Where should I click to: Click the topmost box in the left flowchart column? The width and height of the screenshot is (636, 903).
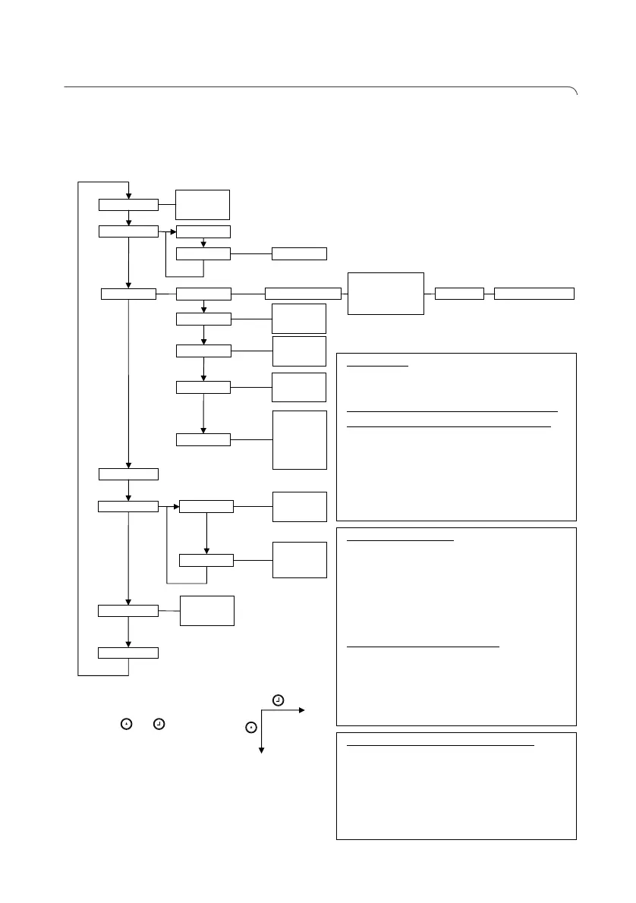tap(129, 204)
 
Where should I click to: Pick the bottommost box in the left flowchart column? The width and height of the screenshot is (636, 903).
tap(129, 653)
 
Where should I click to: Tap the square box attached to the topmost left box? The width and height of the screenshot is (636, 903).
tap(203, 204)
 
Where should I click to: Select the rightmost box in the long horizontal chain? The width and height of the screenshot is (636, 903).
tap(534, 293)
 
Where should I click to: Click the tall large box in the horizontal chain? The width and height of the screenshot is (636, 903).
tap(386, 293)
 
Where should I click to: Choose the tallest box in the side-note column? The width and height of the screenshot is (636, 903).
tap(300, 440)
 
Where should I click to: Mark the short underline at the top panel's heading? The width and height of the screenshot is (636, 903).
tap(378, 366)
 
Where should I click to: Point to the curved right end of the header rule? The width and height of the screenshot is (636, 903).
tap(575, 92)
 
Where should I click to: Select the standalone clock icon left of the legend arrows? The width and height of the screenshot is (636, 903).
tap(159, 725)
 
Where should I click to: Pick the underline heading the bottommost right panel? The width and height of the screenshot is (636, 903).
tap(441, 746)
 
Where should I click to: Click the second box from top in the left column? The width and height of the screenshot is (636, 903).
tap(129, 231)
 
